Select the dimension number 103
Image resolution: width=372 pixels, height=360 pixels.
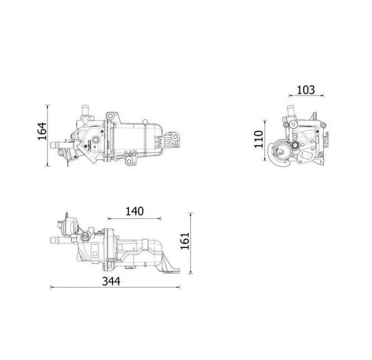point(305,89)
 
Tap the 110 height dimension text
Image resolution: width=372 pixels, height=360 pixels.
point(257,138)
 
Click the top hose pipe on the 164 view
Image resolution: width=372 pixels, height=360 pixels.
point(86,108)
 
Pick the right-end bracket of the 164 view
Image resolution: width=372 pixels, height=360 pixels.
point(174,138)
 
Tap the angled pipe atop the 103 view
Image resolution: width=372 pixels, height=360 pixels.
point(291,108)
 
